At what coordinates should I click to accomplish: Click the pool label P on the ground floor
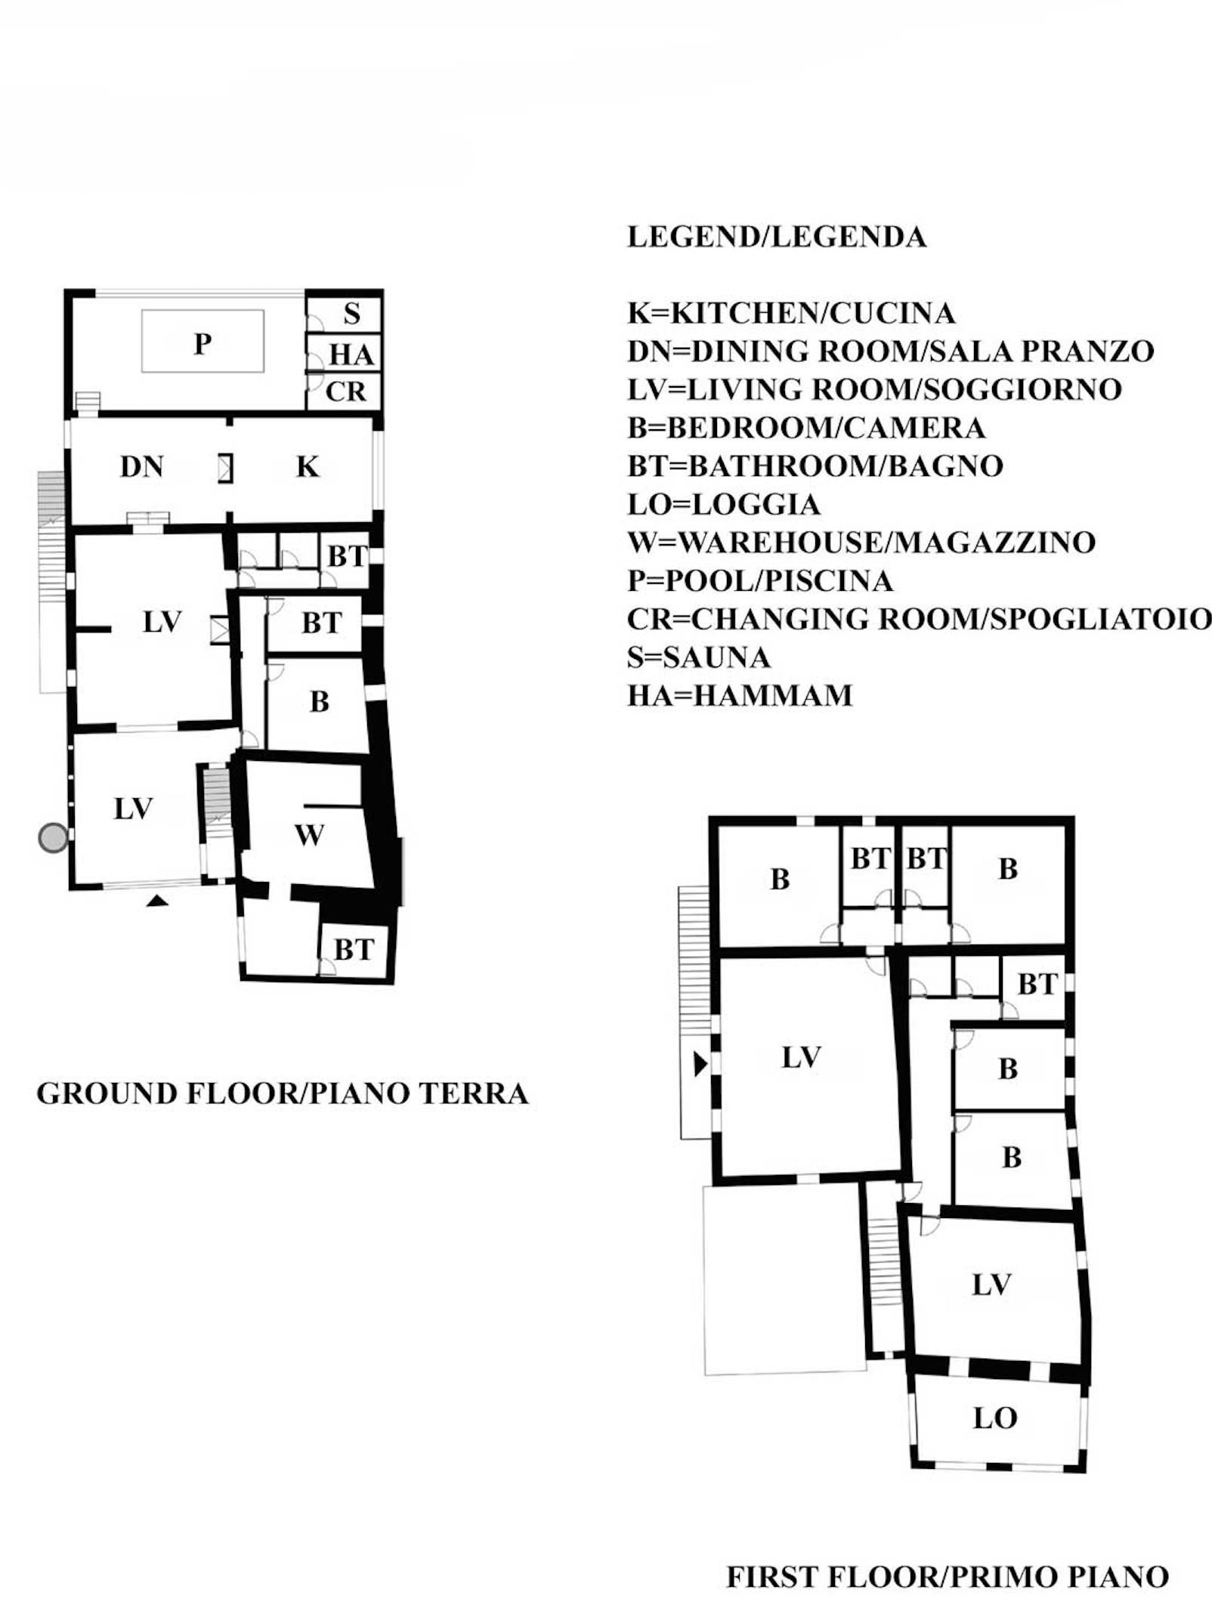(x=202, y=345)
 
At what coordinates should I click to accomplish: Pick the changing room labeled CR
(x=345, y=391)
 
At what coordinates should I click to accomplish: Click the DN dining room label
(x=142, y=467)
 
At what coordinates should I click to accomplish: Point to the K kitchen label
(x=308, y=467)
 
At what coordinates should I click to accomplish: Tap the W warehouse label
(x=309, y=835)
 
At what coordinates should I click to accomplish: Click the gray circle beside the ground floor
(x=53, y=838)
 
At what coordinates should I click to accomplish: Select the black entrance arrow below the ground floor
(x=156, y=900)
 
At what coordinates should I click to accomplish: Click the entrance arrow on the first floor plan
(x=700, y=1065)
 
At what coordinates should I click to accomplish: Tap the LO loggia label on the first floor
(x=995, y=1418)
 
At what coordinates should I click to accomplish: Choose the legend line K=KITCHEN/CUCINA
(x=791, y=313)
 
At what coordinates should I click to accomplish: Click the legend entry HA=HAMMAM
(x=740, y=695)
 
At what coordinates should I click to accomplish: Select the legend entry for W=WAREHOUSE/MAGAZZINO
(x=861, y=543)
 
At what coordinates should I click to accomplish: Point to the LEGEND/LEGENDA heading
(x=777, y=237)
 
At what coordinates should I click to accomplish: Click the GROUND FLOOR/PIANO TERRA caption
(x=283, y=1093)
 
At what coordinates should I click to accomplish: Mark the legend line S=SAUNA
(x=699, y=657)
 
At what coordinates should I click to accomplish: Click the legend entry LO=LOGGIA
(x=724, y=504)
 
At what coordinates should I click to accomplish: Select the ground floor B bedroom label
(x=320, y=702)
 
